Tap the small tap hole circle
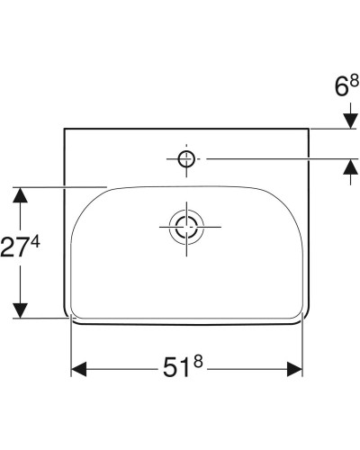[x=185, y=159]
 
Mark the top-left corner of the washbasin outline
[x=65, y=130]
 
